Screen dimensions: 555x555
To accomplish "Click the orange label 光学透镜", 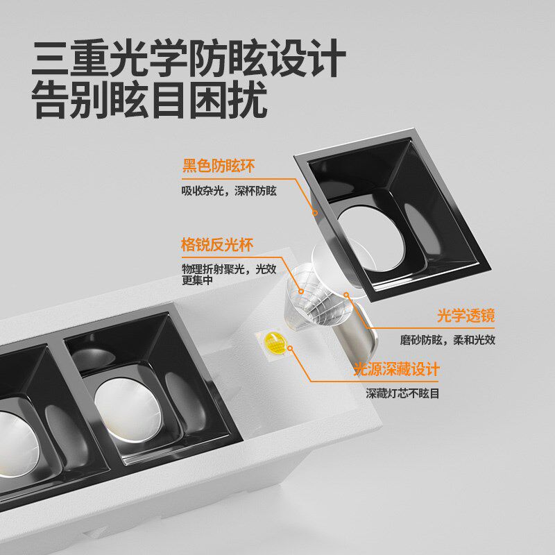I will pyautogui.click(x=466, y=316).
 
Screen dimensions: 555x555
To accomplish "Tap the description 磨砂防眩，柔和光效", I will pyautogui.click(x=447, y=341).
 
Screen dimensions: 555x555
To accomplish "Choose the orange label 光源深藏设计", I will pyautogui.click(x=397, y=369).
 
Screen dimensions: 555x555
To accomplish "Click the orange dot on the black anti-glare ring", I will pyautogui.click(x=314, y=212).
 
